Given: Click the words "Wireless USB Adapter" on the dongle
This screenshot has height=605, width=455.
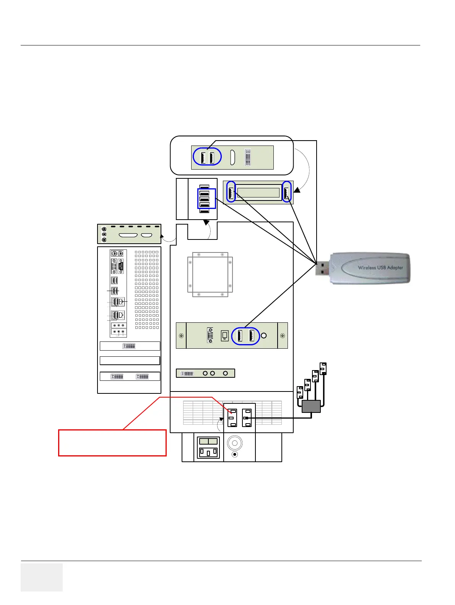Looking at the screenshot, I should [380, 267].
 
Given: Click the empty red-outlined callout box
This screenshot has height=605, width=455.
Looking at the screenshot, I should [112, 443].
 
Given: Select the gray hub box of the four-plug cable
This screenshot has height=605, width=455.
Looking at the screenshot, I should [311, 406].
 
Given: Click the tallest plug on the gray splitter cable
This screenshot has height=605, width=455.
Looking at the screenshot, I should [323, 369].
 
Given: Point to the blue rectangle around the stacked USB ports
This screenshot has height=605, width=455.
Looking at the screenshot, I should [206, 199].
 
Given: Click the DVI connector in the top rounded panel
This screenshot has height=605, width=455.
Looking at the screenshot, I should [247, 157].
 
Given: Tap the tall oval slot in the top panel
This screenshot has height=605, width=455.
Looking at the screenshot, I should [232, 157].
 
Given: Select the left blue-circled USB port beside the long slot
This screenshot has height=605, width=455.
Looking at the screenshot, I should [231, 192].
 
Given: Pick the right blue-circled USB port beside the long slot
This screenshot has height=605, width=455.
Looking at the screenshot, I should [286, 192].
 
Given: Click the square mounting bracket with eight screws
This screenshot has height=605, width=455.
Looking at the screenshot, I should [210, 274].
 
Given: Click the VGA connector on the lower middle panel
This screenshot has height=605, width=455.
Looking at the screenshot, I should [210, 335].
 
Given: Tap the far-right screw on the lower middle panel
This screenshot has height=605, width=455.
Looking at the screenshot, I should [282, 336].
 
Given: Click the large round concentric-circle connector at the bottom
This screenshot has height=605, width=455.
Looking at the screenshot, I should [235, 443].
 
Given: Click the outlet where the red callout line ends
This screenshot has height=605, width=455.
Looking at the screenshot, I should [232, 418].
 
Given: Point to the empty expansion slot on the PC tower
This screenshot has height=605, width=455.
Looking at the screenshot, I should [130, 361].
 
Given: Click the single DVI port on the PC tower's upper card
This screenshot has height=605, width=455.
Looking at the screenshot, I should [129, 346].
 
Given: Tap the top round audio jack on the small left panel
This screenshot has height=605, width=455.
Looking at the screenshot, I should [104, 229].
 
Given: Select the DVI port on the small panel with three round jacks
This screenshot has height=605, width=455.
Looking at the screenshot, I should [187, 373].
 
